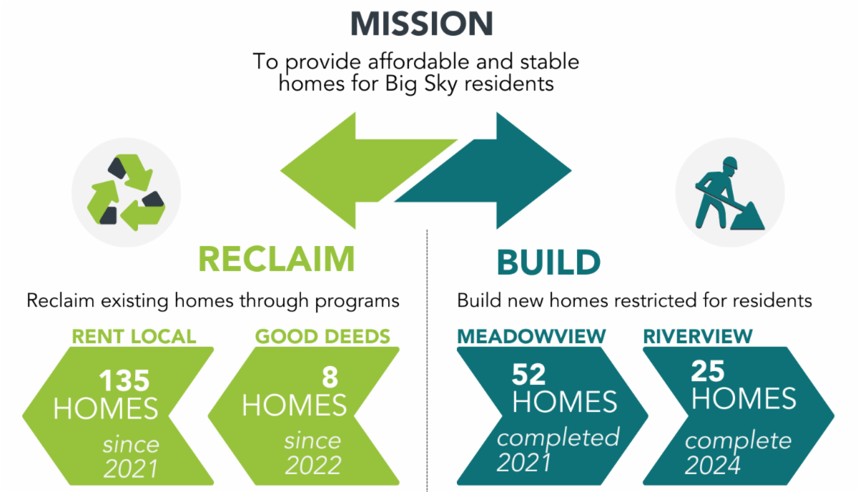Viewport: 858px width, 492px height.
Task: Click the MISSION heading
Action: click(422, 24)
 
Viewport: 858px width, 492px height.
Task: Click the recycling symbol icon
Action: click(126, 192)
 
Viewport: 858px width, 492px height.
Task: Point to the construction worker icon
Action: click(730, 193)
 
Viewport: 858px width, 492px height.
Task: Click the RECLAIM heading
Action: click(277, 260)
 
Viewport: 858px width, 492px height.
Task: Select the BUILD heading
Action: click(548, 262)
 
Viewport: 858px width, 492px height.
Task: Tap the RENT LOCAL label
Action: click(134, 337)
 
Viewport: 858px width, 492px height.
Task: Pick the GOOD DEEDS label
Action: click(322, 337)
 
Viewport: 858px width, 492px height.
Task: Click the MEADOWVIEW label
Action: click(531, 337)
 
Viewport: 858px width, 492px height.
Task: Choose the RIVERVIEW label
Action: click(698, 337)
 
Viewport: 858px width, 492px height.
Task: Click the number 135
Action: click(124, 381)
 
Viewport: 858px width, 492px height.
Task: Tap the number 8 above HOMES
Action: click(330, 377)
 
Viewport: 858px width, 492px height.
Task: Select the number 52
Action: click(528, 375)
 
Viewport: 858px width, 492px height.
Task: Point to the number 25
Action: click(707, 371)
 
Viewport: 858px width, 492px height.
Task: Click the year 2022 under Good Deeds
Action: click(313, 466)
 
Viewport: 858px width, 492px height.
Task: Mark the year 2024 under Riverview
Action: click(712, 466)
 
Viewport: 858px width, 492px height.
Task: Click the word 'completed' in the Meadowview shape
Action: click(558, 438)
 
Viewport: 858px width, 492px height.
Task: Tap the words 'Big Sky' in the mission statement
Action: click(421, 84)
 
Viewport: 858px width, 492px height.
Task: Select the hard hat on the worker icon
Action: click(730, 162)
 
